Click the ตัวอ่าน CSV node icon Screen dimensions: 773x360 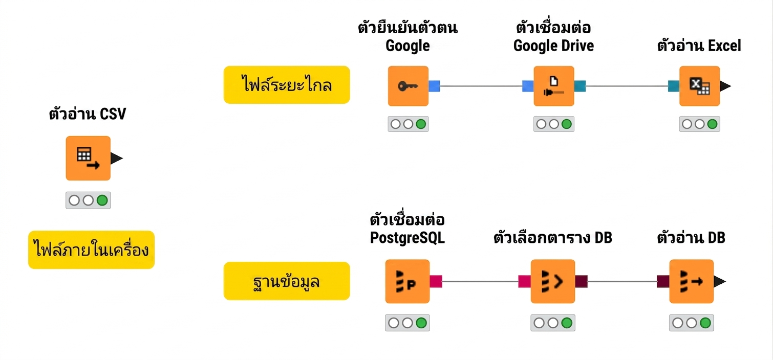(88, 158)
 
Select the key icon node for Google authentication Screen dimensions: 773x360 (408, 86)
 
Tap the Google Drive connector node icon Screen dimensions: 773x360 (553, 86)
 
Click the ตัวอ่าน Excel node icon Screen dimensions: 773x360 (699, 86)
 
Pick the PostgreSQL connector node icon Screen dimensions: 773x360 (407, 281)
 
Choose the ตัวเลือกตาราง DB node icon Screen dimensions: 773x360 (552, 281)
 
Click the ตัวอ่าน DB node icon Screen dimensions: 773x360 (691, 281)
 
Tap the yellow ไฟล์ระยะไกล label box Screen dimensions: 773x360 (287, 85)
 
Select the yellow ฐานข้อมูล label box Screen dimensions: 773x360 (287, 281)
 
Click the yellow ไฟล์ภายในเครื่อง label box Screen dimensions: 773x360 (91, 250)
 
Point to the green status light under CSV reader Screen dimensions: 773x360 (102, 200)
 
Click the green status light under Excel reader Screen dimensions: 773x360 (712, 124)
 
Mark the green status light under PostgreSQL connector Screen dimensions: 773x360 (421, 323)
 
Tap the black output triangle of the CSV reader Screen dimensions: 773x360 (116, 159)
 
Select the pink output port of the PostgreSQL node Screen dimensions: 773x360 (436, 281)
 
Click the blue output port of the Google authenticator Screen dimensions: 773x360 (434, 86)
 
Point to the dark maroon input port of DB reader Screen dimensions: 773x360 (663, 281)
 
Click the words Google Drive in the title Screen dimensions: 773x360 (553, 46)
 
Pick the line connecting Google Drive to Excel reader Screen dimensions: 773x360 (627, 86)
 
